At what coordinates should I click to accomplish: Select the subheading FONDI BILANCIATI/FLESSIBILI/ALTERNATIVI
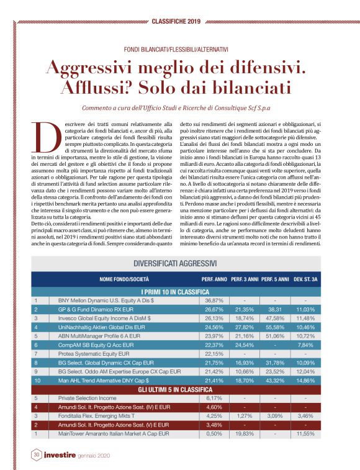point(180,48)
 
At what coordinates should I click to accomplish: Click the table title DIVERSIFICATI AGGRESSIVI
point(179,263)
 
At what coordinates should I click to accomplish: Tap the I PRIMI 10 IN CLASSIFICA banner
point(179,291)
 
